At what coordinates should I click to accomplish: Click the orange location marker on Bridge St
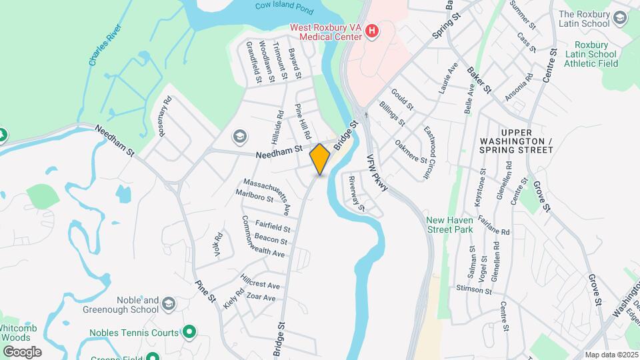tap(320, 159)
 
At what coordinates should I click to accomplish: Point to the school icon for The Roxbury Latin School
tap(621, 17)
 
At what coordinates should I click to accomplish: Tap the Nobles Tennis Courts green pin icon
tap(189, 331)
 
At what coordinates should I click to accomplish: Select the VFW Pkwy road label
tap(377, 175)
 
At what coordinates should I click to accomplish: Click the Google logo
tap(21, 352)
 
